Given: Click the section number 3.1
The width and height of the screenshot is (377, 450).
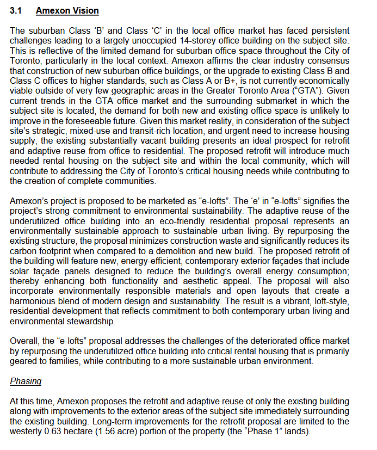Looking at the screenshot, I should point(16,11).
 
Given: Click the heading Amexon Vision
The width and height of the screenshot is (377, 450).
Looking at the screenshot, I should point(67,11).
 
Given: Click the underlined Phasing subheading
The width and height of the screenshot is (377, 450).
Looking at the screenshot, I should point(26,382).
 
